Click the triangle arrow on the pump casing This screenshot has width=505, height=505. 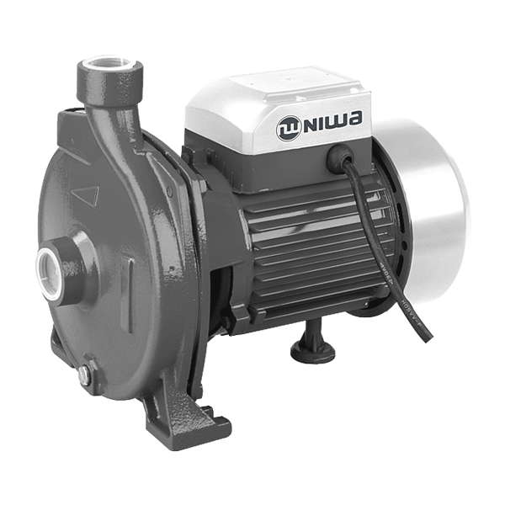85,196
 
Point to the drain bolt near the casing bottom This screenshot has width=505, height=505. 86,375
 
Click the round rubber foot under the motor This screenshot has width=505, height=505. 313,349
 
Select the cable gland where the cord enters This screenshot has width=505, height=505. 341,155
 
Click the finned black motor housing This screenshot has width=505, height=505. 311,244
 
